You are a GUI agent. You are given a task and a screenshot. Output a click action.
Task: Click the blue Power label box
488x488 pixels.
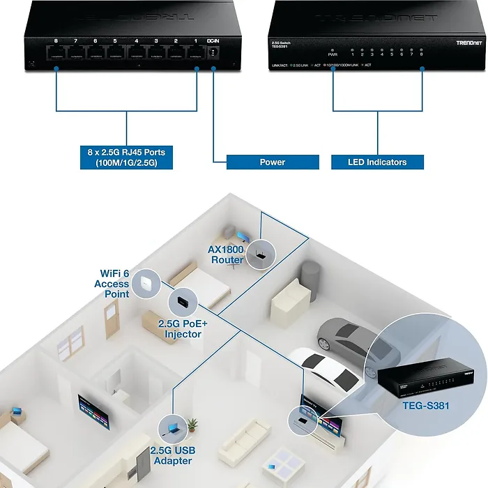273,162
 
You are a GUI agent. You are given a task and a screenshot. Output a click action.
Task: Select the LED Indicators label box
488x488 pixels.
377,162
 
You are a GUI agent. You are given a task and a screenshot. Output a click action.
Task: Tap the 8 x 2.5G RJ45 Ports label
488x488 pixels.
126,157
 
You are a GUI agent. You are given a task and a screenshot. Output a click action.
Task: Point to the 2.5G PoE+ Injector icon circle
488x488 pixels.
183,302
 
